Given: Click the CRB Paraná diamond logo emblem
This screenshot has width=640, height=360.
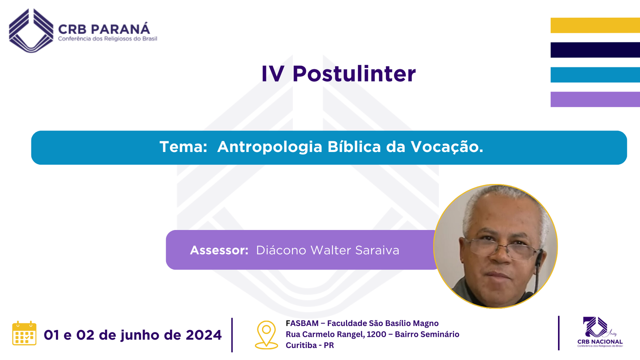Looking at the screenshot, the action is tap(31, 30).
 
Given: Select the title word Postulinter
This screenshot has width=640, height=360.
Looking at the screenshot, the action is tap(354, 74).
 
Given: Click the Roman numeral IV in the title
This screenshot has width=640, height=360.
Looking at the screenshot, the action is tap(273, 74).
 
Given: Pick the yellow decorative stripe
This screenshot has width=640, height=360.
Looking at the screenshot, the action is tap(595, 25).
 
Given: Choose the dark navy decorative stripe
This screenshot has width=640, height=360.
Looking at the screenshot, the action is tap(595, 50).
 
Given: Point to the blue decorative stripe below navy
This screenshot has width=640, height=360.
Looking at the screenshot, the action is tap(595, 74).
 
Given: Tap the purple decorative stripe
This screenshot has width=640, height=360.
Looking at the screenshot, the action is tap(595, 100).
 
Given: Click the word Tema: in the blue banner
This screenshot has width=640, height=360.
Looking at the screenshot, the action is tap(184, 147).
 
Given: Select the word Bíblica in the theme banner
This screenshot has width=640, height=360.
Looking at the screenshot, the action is tap(354, 147).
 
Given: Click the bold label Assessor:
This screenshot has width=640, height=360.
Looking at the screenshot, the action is tap(219, 250).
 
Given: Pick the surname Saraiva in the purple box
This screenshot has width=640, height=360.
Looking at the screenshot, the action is tap(377, 250).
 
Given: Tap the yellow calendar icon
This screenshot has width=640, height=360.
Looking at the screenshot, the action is tap(24, 333).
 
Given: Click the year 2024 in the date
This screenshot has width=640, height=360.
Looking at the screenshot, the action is tap(204, 335).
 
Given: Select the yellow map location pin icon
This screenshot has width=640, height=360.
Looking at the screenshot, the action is tap(266, 335).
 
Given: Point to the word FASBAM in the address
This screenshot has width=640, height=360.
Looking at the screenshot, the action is tap(302, 323).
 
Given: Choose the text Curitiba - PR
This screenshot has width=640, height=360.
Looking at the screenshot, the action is tap(310, 345).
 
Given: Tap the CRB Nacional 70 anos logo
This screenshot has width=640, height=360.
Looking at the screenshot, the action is tap(600, 332).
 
